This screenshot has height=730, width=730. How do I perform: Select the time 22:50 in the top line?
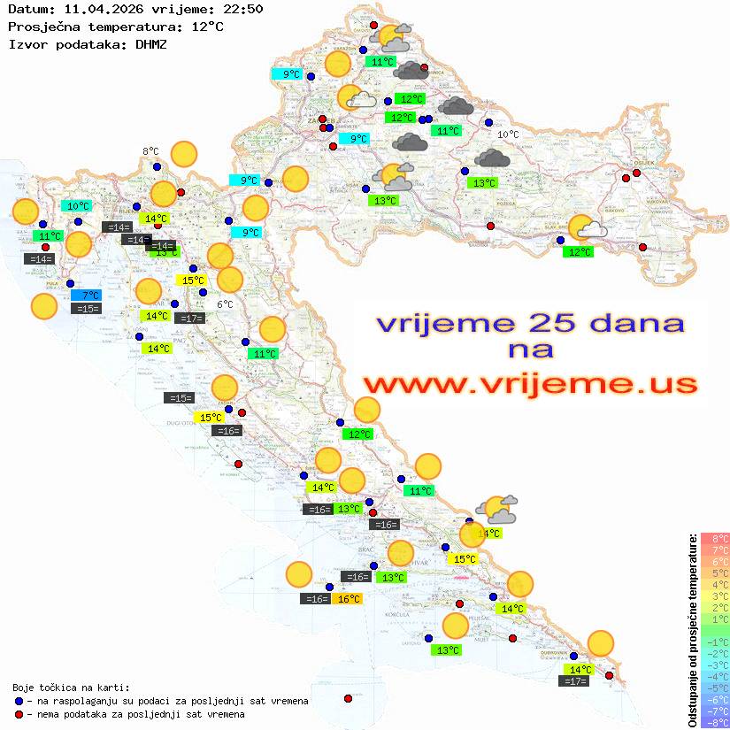[244, 10]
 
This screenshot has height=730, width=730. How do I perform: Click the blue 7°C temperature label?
[89, 295]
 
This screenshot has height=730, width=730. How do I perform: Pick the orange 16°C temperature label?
[349, 599]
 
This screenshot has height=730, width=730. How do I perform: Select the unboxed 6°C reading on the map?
[225, 304]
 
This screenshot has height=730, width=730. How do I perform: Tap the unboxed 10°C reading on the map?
[508, 134]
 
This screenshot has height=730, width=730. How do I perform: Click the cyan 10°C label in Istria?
[79, 206]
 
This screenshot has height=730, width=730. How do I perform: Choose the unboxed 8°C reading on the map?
[150, 151]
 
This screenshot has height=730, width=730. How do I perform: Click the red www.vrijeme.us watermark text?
[530, 384]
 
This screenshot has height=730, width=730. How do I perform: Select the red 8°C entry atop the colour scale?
[715, 538]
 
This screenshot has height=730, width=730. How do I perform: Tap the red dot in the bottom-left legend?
[19, 714]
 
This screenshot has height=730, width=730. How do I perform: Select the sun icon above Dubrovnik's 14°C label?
[601, 643]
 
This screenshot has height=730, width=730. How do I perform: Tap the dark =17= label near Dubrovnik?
[574, 681]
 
